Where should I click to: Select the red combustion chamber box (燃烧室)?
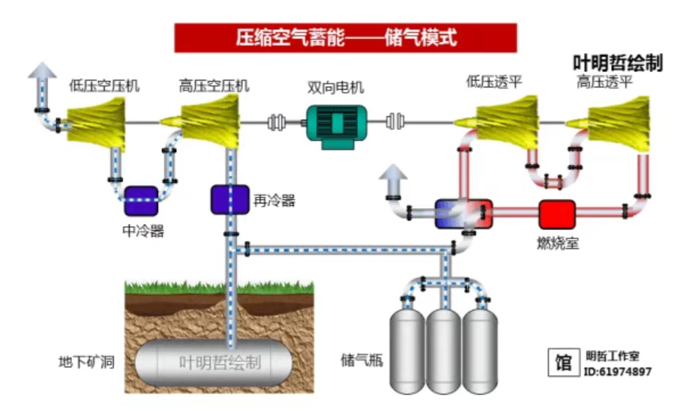click(x=557, y=214)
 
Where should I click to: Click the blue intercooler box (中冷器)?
click(x=141, y=200)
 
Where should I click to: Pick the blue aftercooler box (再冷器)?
click(x=230, y=199)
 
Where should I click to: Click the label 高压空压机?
click(x=214, y=85)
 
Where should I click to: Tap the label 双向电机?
click(x=336, y=86)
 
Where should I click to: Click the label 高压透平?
click(x=604, y=82)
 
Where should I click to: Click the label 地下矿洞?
click(x=86, y=361)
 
